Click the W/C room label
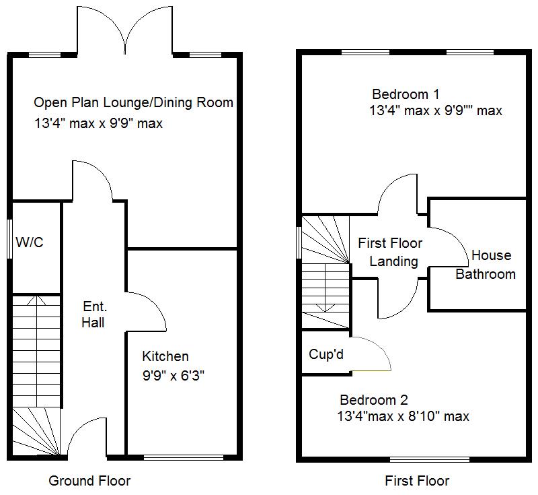[x=30, y=242]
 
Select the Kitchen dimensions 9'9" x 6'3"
[x=173, y=376]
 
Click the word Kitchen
[x=165, y=356]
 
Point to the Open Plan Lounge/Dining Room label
[x=133, y=103]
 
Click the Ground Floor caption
[x=89, y=481]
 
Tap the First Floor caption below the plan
[x=417, y=481]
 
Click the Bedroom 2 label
[x=373, y=399]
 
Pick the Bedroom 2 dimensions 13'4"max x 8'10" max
[x=403, y=417]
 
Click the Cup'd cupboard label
[x=326, y=354]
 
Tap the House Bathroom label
[x=486, y=265]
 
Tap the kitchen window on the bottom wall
[x=184, y=458]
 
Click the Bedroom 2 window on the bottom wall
[x=429, y=460]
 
